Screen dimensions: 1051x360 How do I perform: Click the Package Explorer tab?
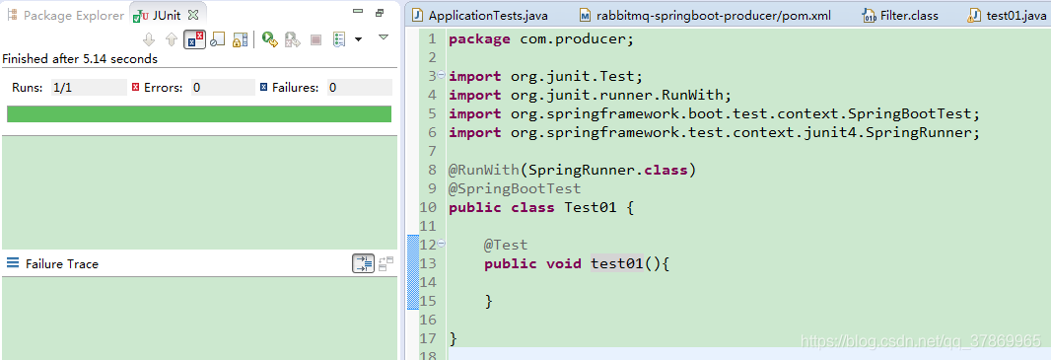[73, 16]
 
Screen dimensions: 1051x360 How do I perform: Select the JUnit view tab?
[166, 16]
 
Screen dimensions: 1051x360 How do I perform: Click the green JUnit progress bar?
[198, 114]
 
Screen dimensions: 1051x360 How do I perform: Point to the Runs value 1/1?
[62, 88]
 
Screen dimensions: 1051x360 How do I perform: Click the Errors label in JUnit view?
[164, 88]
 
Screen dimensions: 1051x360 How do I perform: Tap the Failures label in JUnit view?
[296, 88]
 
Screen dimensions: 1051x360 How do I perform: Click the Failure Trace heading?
[62, 264]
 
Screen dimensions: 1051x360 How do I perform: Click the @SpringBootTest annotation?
[515, 188]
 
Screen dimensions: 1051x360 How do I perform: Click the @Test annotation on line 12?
[506, 245]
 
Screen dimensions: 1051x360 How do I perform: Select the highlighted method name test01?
[616, 263]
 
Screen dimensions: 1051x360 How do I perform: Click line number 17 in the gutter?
[427, 338]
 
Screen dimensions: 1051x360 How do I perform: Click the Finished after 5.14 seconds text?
[80, 59]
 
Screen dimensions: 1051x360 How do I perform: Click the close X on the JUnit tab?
[192, 16]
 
